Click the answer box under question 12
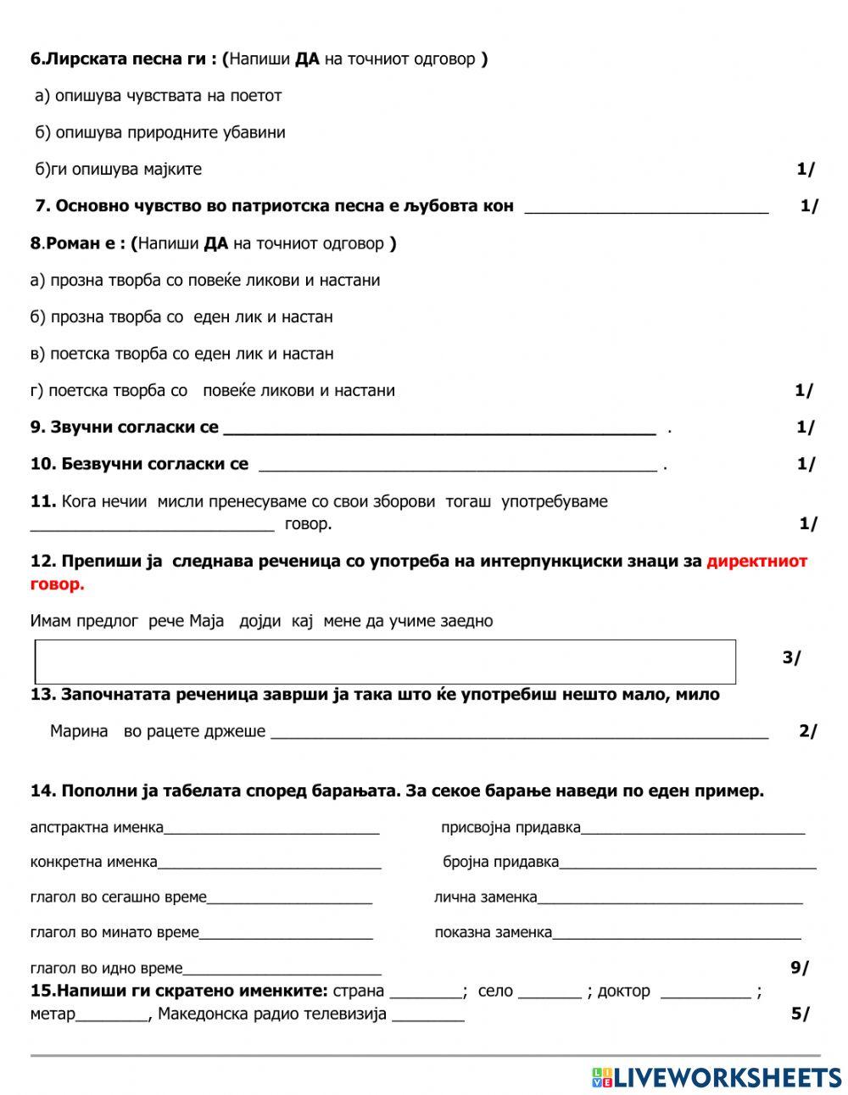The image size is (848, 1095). [x=385, y=662]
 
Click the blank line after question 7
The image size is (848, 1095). [x=646, y=207]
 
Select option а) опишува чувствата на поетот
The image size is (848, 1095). [x=158, y=96]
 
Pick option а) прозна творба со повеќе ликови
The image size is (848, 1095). [x=204, y=280]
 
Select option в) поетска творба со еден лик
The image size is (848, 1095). [x=181, y=354]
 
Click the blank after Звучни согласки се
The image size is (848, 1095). [x=439, y=429]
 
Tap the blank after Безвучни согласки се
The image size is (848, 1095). [x=457, y=466]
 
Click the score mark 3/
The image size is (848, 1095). [x=791, y=658]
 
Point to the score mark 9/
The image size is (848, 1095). [x=799, y=968]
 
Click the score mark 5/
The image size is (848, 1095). [x=800, y=1014]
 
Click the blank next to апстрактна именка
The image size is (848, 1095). [x=271, y=830]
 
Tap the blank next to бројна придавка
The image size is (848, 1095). [x=687, y=864]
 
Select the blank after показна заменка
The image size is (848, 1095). [x=676, y=935]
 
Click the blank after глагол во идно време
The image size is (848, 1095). [x=282, y=970]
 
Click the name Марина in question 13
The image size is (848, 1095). [x=79, y=731]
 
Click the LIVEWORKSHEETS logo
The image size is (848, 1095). [x=716, y=1077]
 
